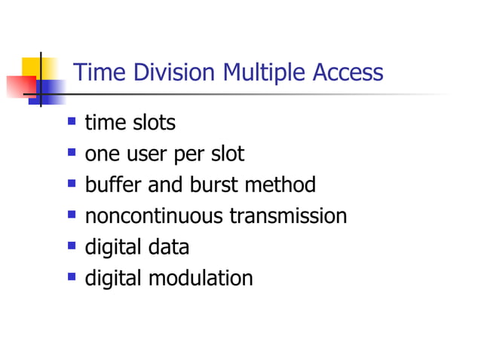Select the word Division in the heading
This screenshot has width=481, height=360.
coord(171,73)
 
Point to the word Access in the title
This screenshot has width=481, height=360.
coord(346,73)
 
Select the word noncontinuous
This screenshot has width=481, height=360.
coord(154,216)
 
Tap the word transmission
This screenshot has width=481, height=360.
coord(288,216)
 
